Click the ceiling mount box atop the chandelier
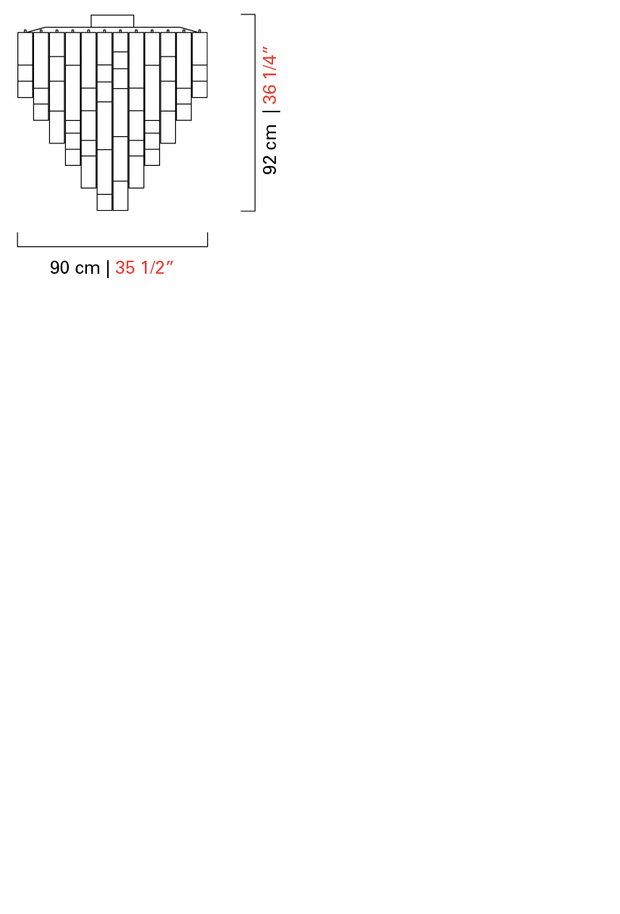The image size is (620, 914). tap(112, 21)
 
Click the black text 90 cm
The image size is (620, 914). tap(75, 268)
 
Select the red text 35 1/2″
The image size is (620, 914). tap(144, 268)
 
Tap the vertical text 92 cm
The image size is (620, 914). tap(269, 149)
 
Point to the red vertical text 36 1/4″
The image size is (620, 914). tap(269, 75)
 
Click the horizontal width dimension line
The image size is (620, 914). tap(112, 246)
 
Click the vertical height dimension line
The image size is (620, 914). tap(255, 112)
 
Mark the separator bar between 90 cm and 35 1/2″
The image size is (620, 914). tap(108, 269)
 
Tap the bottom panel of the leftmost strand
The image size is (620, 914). tap(25, 89)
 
